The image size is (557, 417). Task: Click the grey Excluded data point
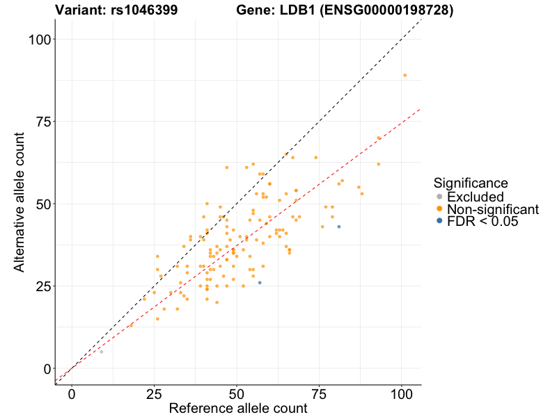101,352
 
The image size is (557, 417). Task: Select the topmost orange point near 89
405,75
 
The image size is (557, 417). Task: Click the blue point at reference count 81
339,227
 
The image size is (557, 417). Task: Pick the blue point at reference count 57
260,282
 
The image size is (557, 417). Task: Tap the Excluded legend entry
475,197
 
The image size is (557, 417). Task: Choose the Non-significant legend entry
492,209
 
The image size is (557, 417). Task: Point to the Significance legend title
470,183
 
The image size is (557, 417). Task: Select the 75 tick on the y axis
42,122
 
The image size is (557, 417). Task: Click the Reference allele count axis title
237,408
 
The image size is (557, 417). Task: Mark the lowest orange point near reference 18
131,325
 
